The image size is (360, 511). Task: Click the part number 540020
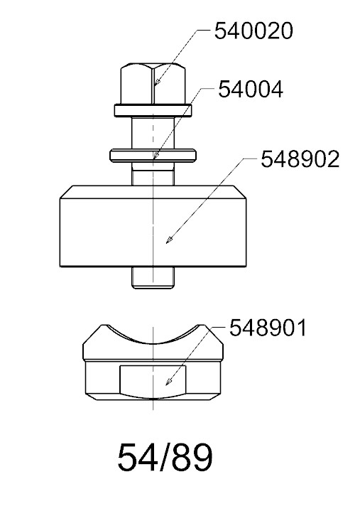point(253,31)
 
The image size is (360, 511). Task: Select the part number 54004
point(251,90)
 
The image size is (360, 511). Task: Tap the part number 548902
point(300,159)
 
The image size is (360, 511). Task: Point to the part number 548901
point(268,328)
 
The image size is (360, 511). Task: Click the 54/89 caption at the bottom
point(165,457)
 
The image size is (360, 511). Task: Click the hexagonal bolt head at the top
point(153,83)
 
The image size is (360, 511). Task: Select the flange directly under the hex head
point(153,110)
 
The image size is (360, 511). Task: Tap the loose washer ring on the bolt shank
point(153,155)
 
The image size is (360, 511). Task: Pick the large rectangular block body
point(153,227)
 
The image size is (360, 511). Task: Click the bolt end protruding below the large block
point(153,278)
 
